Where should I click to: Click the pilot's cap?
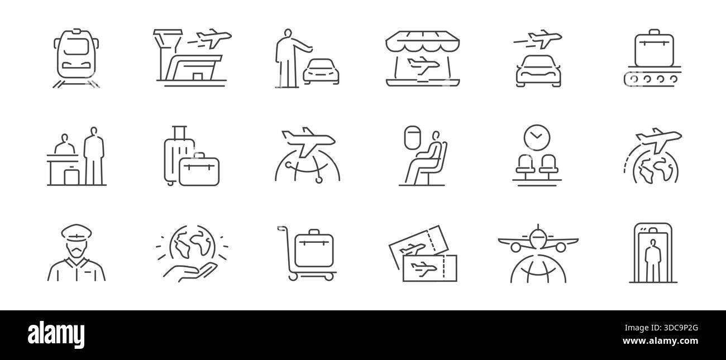pos(75,233)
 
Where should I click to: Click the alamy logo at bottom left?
pos(58,334)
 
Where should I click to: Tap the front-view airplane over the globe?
pos(537,240)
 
